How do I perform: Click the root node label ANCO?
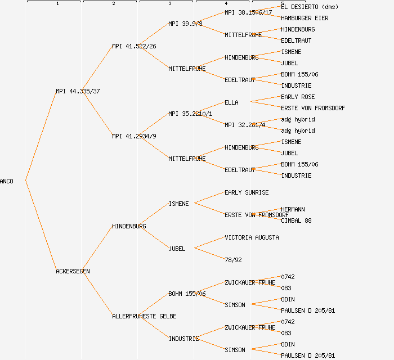[7, 181]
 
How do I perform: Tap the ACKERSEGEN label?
[73, 271]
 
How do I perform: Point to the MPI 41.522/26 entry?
[134, 46]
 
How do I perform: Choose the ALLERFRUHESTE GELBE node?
[144, 316]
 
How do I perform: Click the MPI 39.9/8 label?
[185, 24]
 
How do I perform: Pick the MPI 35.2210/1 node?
[190, 114]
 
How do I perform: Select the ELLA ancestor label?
[231, 102]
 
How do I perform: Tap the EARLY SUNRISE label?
[247, 192]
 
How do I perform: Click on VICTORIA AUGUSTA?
[252, 237]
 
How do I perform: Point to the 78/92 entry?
[233, 260]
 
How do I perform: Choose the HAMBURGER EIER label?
[305, 18]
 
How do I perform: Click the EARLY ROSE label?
[298, 97]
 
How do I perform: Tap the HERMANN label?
[293, 209]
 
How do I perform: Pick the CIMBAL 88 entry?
[296, 220]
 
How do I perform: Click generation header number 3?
[169, 4]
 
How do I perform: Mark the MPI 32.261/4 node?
[245, 125]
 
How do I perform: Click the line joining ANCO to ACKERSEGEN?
[41, 226]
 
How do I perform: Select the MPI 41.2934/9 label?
[134, 136]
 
